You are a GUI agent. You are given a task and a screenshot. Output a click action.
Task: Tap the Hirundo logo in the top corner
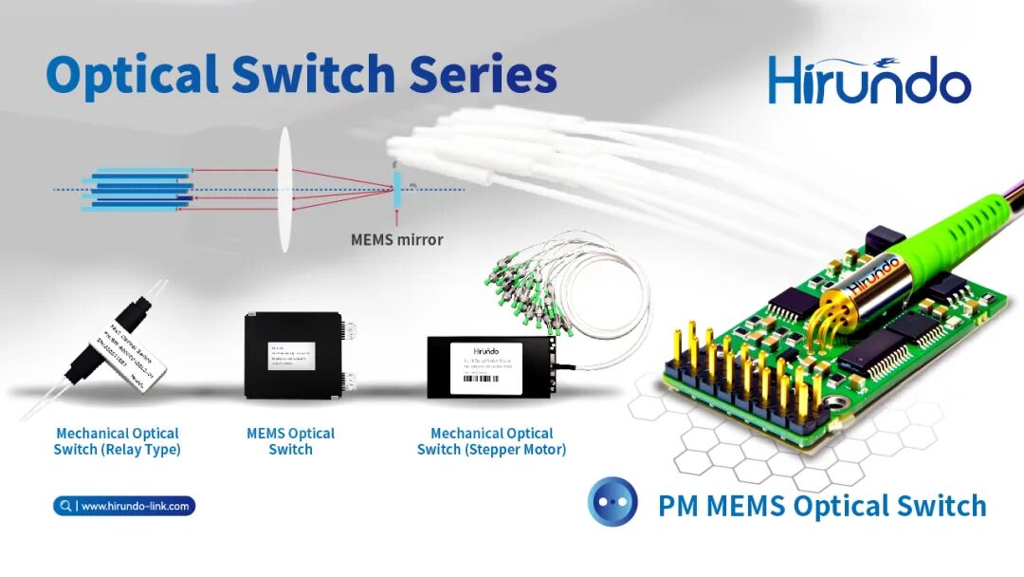(869, 82)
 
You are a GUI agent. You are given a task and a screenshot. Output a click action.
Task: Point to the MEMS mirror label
(396, 240)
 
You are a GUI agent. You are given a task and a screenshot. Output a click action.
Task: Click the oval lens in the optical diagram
(283, 191)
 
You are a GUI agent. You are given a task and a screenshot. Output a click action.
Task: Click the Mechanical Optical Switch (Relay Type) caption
(117, 441)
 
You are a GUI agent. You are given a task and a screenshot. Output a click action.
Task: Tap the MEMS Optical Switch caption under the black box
(290, 441)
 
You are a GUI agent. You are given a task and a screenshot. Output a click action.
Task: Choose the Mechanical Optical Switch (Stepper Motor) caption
(491, 441)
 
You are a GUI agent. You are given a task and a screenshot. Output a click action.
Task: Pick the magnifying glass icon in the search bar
(64, 506)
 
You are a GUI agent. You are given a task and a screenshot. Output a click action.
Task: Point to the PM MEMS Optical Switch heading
(822, 506)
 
